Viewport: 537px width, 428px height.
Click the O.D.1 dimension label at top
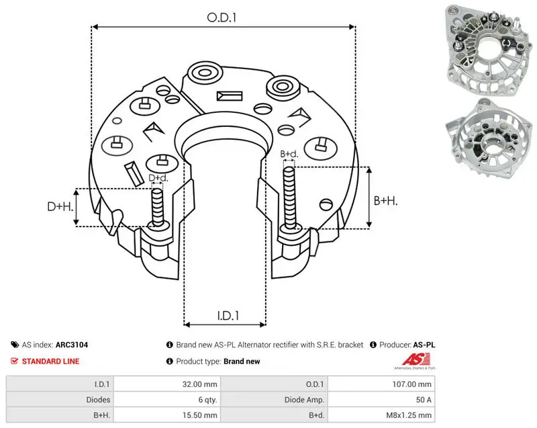coord(222,17)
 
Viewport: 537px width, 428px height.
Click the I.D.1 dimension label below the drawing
coord(228,316)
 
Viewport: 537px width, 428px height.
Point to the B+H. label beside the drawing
coord(385,201)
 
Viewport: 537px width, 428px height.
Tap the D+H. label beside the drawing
coord(60,206)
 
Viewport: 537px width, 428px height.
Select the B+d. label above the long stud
coord(289,155)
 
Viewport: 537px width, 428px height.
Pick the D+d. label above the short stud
coord(158,178)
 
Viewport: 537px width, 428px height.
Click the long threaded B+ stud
coord(290,198)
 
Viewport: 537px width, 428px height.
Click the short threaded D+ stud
coord(158,207)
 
